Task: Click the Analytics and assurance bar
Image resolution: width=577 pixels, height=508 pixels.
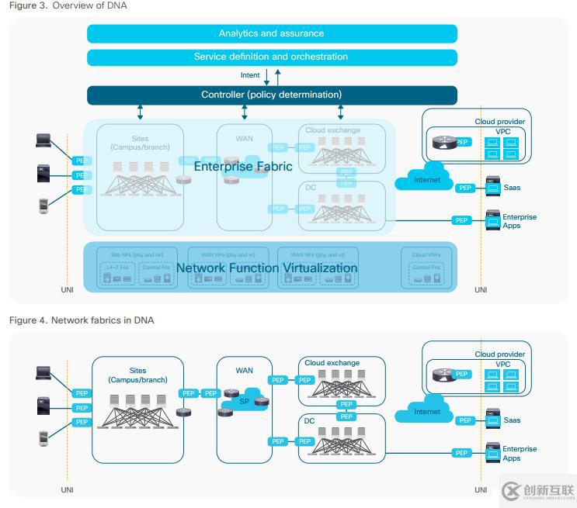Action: [271, 33]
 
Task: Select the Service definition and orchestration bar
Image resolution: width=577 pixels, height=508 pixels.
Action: [271, 57]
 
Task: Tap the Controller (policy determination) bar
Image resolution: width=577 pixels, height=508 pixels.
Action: [271, 95]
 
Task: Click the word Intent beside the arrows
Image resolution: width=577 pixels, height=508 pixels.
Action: [250, 76]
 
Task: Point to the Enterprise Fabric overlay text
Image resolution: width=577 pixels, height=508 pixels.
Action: [243, 166]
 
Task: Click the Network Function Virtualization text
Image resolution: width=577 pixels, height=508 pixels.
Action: [267, 268]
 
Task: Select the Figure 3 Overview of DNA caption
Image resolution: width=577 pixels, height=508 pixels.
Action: [68, 5]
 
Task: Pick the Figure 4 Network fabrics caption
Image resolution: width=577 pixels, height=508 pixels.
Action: [82, 320]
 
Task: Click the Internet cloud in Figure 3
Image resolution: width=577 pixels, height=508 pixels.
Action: [426, 178]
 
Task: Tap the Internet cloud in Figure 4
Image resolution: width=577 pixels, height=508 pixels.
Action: [426, 411]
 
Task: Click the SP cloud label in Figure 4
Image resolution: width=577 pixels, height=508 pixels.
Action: [243, 402]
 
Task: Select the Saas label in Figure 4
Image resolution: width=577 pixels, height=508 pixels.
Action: [512, 420]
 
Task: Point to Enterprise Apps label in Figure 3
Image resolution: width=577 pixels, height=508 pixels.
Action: [519, 221]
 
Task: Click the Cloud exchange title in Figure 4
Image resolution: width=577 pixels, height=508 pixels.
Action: [332, 363]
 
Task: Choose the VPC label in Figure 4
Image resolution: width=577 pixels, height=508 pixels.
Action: [503, 365]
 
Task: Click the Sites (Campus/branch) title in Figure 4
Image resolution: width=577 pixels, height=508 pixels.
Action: [138, 375]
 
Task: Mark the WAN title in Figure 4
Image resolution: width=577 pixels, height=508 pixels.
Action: [245, 371]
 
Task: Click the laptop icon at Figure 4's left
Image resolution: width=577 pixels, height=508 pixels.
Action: [43, 373]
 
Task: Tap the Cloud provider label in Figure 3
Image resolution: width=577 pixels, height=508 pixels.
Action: [500, 122]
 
